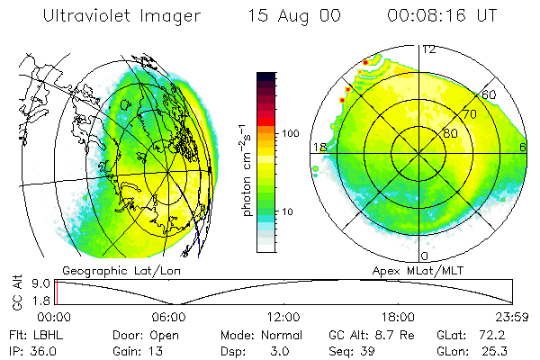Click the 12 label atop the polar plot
point(429,49)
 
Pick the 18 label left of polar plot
point(319,147)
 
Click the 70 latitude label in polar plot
point(469,115)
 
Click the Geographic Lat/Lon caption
point(112,270)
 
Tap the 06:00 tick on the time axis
point(169,317)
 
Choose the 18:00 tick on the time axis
point(398,317)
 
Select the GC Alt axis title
point(14,292)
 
